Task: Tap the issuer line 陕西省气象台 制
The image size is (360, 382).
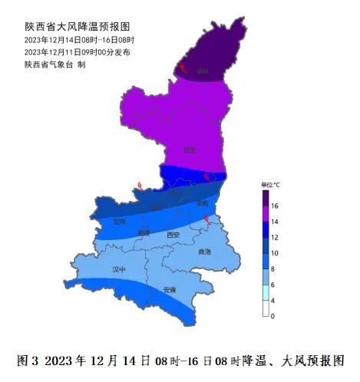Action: (x=54, y=64)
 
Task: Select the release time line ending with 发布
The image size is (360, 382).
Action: (x=77, y=51)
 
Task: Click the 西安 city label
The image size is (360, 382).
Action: (x=173, y=234)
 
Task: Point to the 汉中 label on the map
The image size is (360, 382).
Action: (x=119, y=269)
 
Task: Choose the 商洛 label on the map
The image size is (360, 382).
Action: (x=204, y=252)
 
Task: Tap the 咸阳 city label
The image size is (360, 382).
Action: (x=144, y=232)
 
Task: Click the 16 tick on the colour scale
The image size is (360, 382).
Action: (x=274, y=206)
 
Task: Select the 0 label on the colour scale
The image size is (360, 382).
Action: (x=272, y=315)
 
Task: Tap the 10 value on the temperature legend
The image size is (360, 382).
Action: (x=274, y=252)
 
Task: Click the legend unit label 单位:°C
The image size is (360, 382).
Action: (x=271, y=185)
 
